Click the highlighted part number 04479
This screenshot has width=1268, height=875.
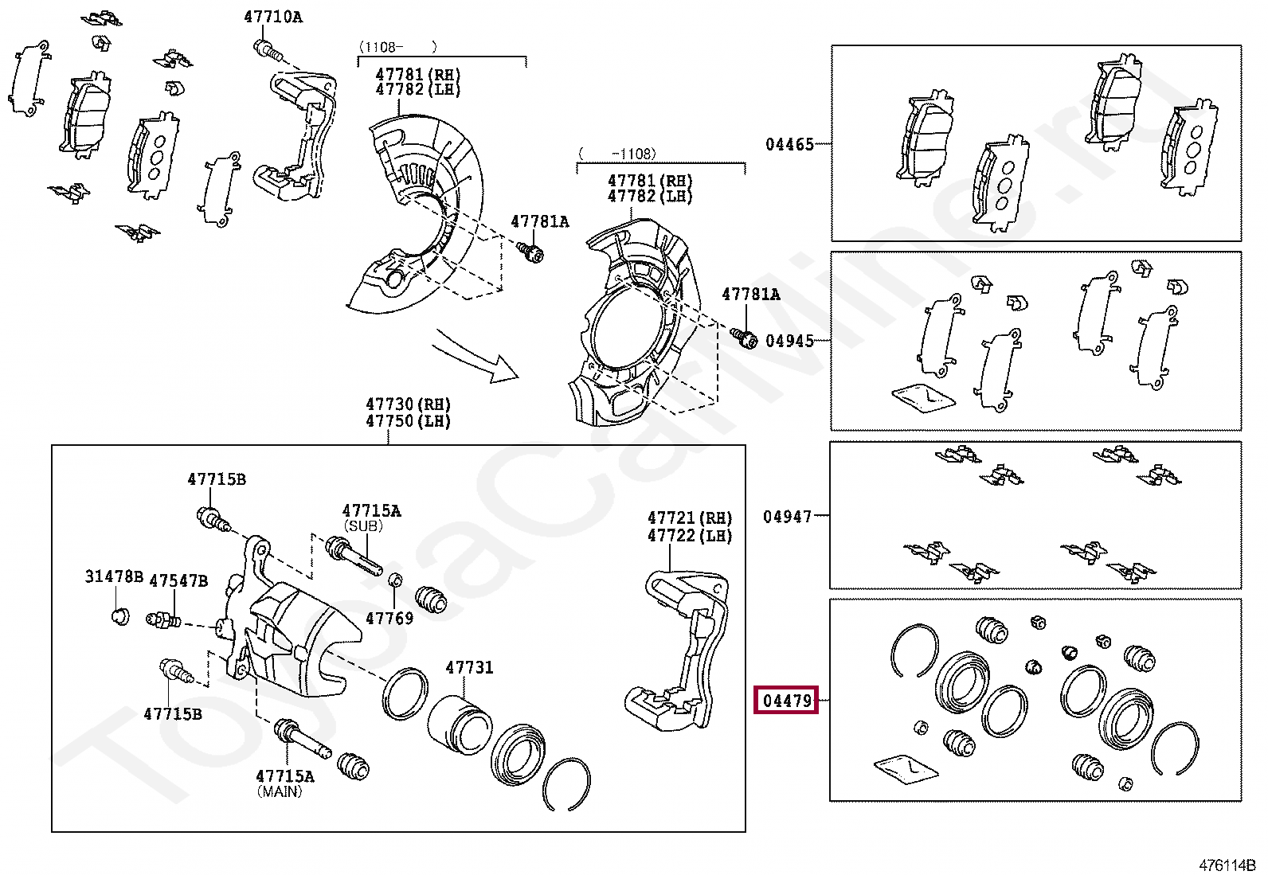786,701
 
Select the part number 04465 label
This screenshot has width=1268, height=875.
789,144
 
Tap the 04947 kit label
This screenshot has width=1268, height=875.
787,517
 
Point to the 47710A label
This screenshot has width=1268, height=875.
273,17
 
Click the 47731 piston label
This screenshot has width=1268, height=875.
469,667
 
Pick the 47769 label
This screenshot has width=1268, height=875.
389,618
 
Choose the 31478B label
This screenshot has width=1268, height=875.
114,576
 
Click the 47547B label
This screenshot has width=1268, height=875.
178,580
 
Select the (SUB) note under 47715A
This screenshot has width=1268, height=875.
363,526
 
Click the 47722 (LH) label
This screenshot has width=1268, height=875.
689,536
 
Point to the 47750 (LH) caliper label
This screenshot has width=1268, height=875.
408,421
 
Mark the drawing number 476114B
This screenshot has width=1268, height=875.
1227,865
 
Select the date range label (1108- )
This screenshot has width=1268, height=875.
397,47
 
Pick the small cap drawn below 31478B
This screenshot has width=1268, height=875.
119,615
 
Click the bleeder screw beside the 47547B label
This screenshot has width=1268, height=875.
163,619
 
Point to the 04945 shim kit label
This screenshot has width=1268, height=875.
789,341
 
